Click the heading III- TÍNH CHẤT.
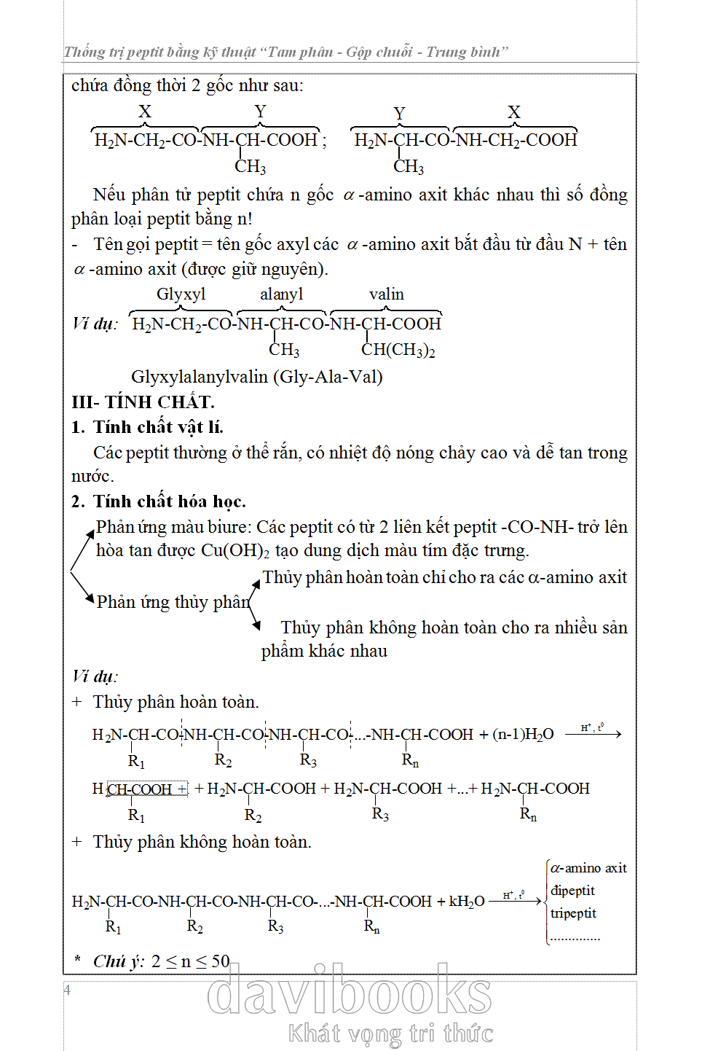[x=143, y=402]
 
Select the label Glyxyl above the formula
[x=181, y=294]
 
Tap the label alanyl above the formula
[x=281, y=294]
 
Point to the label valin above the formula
[x=386, y=294]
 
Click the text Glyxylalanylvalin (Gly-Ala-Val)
[x=256, y=376]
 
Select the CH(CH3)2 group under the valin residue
[x=398, y=350]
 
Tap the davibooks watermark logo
[x=350, y=992]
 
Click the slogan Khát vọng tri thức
[x=390, y=1033]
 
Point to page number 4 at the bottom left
[x=67, y=990]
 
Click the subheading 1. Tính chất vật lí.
[x=147, y=427]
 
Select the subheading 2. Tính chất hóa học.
[x=159, y=501]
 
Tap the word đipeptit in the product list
[x=572, y=891]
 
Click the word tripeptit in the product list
[x=573, y=913]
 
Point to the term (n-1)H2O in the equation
[x=523, y=735]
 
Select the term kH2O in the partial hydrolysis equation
[x=467, y=902]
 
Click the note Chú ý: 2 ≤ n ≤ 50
[x=161, y=961]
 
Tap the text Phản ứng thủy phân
[x=173, y=602]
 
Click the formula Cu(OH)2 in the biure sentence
[x=235, y=550]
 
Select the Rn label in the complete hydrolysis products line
[x=528, y=814]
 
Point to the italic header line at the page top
[x=285, y=52]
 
